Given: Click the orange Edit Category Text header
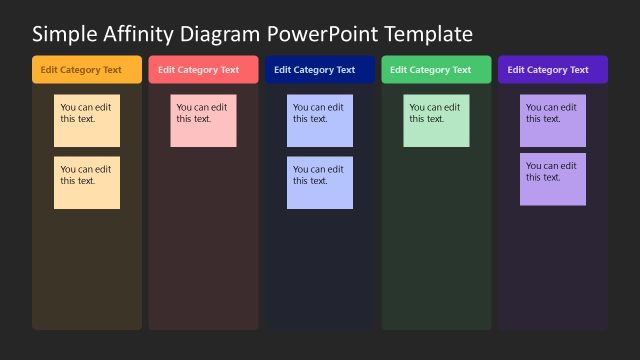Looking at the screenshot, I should pyautogui.click(x=87, y=70).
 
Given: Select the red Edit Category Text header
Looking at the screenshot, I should pyautogui.click(x=203, y=70).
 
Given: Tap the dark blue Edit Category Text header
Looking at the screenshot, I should pyautogui.click(x=320, y=70).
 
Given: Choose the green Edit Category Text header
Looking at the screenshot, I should pyautogui.click(x=436, y=70).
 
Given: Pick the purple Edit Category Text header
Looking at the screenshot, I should pyautogui.click(x=553, y=70).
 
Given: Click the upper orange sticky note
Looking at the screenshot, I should pyautogui.click(x=87, y=121).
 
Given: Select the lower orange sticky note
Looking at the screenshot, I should pyautogui.click(x=87, y=183).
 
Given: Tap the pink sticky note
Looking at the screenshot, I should pyautogui.click(x=203, y=121).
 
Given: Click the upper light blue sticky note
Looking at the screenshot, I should pyautogui.click(x=320, y=121).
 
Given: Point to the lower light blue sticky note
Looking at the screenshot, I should pyautogui.click(x=320, y=183).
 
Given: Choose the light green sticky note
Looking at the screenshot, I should pyautogui.click(x=436, y=121).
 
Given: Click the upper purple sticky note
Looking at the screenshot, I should pyautogui.click(x=553, y=121).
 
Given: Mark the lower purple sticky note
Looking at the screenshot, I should pyautogui.click(x=553, y=179).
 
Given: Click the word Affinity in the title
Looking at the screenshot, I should pyautogui.click(x=135, y=35).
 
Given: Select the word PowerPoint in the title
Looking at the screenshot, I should pyautogui.click(x=316, y=35).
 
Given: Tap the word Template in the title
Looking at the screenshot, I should pyautogui.click(x=427, y=35).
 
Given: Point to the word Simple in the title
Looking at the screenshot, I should pyautogui.click(x=62, y=35).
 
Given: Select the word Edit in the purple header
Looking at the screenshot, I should pyautogui.click(x=516, y=70).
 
